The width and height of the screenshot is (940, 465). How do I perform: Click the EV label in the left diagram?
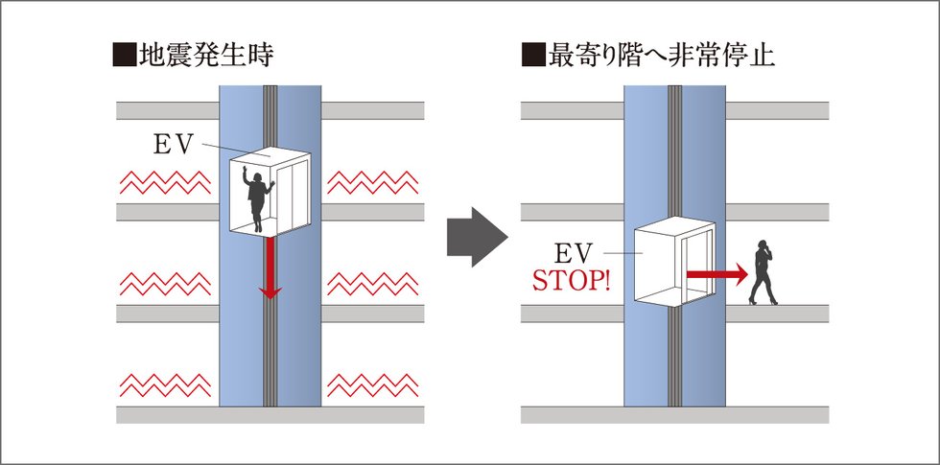pos(175,144)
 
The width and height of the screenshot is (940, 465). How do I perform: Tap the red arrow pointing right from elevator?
pos(716,274)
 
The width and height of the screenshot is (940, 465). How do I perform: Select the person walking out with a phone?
pos(764,272)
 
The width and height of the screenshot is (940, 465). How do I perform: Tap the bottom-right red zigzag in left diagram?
pos(372,384)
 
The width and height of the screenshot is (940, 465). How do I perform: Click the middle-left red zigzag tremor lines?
pos(163,283)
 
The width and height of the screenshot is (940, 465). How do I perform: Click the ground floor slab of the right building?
pos(674,414)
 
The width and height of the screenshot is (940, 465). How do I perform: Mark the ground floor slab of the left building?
pos(270,414)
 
